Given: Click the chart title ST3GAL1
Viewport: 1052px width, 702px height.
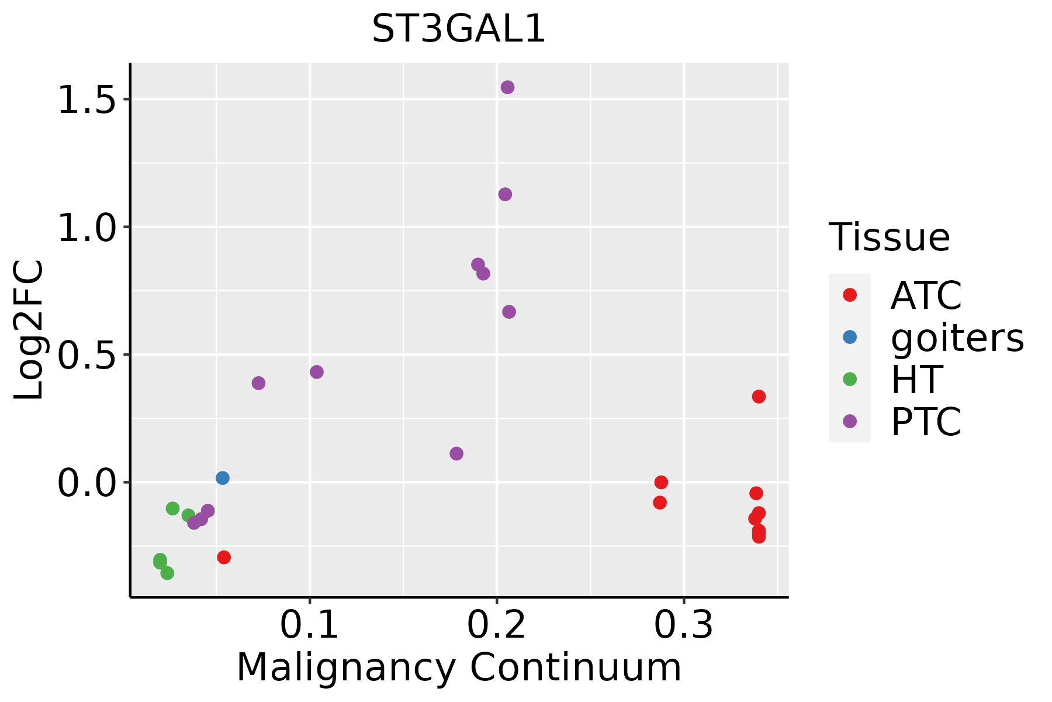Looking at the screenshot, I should (x=459, y=29).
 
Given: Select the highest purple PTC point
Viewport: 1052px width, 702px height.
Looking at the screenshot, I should (x=507, y=87).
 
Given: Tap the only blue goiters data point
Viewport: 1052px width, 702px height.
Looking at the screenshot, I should (x=223, y=478).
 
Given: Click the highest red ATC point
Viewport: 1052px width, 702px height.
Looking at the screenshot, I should (x=759, y=397).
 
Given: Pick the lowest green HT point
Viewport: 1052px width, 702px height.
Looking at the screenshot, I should (x=167, y=573).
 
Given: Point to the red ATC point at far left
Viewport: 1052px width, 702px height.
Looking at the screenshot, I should (x=224, y=557).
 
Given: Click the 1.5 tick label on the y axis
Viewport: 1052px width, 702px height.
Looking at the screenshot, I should (x=85, y=99).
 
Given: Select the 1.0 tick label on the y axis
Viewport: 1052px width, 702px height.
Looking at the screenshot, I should (x=85, y=227).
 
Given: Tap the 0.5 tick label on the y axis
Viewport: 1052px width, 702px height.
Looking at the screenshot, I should (x=85, y=355).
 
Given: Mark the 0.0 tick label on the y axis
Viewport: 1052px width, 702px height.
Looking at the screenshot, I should (x=85, y=483).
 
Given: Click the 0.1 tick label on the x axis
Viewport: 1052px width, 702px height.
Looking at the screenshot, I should (x=310, y=625).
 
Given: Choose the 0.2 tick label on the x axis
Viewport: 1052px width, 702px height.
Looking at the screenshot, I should (x=497, y=625).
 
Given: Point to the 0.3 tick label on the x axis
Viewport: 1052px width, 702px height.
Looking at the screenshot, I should (x=684, y=625).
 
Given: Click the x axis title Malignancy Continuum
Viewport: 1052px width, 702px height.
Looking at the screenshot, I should (x=459, y=667).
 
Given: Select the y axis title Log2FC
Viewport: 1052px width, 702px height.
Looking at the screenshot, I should (x=29, y=331).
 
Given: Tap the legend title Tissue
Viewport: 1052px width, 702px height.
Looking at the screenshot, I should (x=890, y=238).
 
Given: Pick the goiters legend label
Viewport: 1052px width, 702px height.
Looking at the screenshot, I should (x=957, y=338).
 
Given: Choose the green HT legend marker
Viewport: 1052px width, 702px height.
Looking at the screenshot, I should (x=850, y=379).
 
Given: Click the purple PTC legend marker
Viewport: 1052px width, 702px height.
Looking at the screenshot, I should (x=850, y=421).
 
